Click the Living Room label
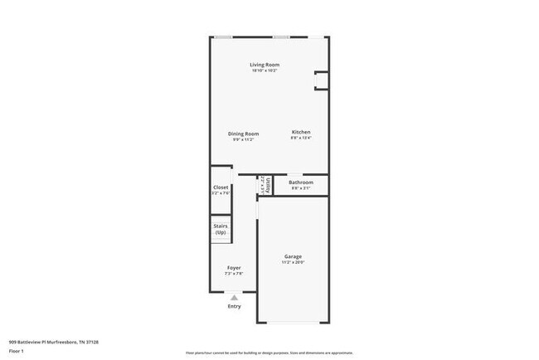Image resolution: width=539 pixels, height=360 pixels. coord(265,65)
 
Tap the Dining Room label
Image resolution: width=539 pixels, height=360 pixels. coord(244,134)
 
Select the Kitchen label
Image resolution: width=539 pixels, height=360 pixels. coord(300,133)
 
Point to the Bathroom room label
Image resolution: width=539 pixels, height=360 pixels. coord(300,182)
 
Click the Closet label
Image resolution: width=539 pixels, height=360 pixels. coord(221,187)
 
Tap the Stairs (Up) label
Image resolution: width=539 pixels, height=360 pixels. coord(221,229)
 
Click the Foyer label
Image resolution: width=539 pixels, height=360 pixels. coord(234,268)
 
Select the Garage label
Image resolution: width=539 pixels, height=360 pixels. coord(293,256)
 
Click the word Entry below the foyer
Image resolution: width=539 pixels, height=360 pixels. coord(235,306)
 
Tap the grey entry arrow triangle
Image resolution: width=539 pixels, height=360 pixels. coord(235,296)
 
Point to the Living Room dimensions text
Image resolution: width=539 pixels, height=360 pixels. coord(265,71)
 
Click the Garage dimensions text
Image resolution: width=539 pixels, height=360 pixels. coord(293,263)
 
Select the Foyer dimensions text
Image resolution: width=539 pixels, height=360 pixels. coord(234,275)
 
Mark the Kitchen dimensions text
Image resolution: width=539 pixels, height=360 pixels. coord(300,139)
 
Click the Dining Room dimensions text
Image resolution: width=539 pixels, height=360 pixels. coord(244,139)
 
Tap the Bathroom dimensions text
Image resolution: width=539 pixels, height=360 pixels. coord(300,188)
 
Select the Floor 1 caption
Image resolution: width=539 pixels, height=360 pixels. coord(17,351)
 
